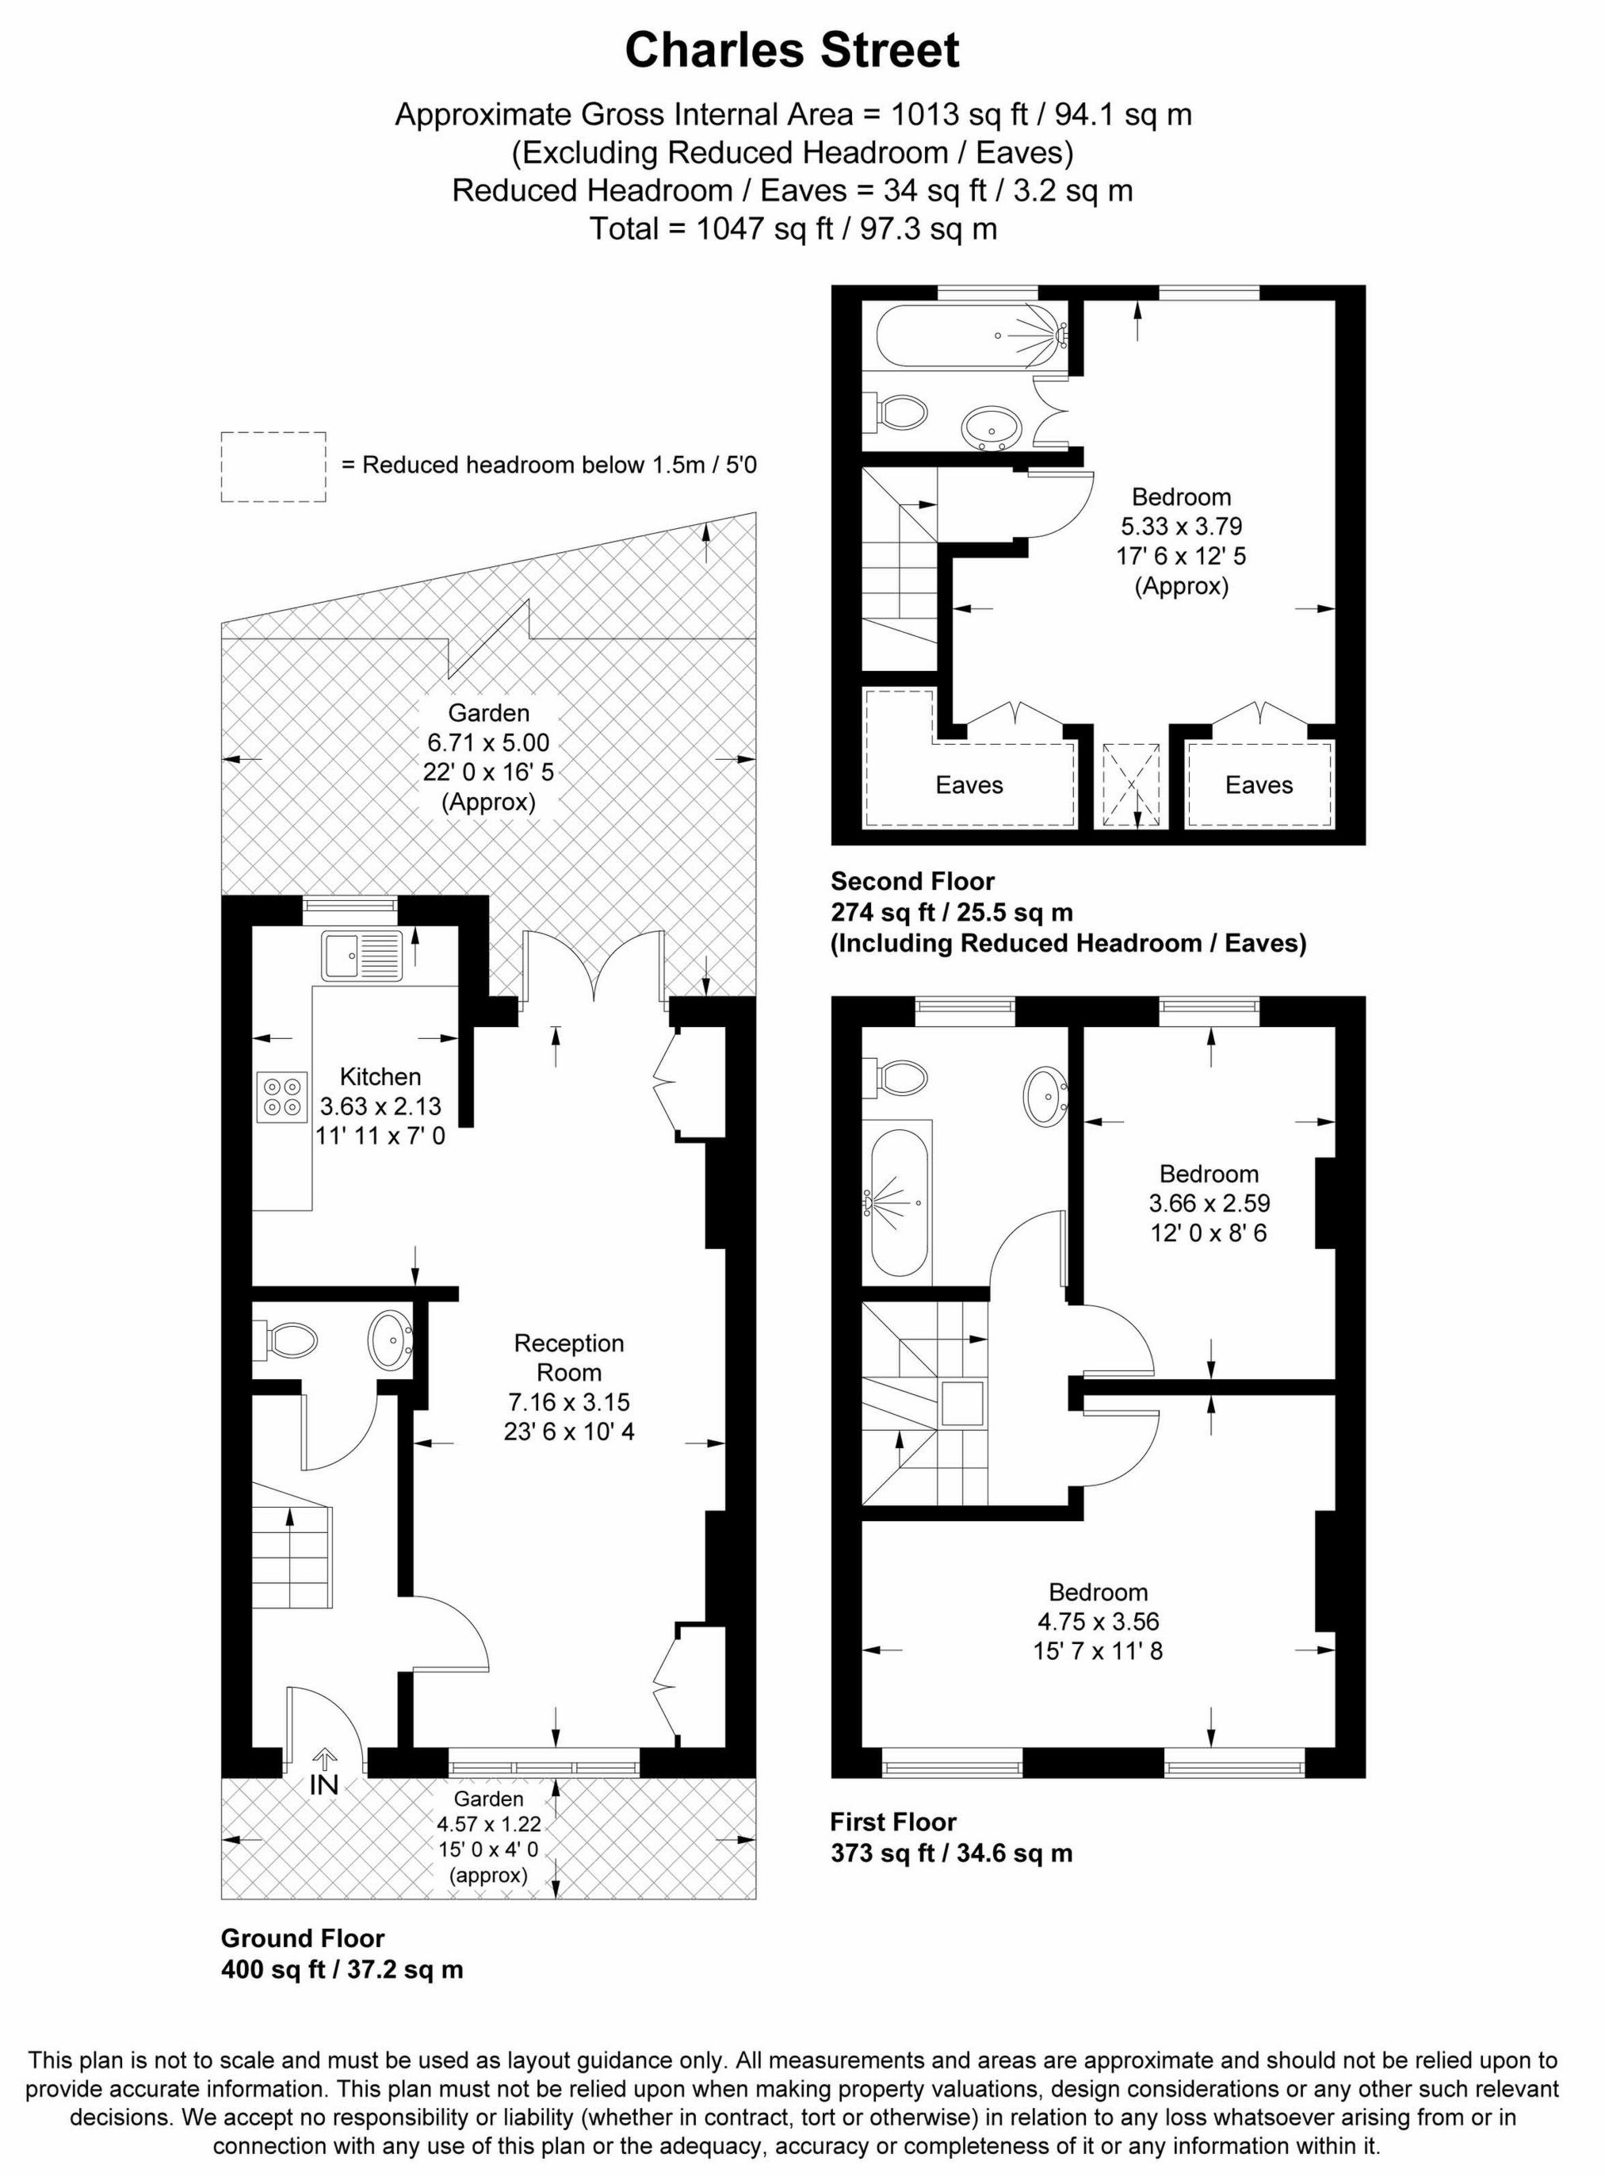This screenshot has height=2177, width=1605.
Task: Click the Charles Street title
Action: click(792, 51)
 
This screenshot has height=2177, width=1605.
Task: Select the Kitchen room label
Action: click(380, 1076)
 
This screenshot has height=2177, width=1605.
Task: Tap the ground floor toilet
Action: click(288, 1341)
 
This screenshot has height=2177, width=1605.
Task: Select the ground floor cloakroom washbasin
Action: click(391, 1341)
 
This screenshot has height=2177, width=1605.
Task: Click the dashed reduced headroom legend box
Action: click(273, 466)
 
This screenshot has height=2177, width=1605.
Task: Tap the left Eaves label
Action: click(969, 785)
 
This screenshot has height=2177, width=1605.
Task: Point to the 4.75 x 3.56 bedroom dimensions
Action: click(1098, 1621)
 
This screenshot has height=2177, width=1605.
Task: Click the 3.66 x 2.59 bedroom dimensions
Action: click(1209, 1202)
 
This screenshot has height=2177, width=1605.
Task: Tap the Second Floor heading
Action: click(912, 881)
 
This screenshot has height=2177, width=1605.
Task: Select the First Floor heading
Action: click(892, 1821)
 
